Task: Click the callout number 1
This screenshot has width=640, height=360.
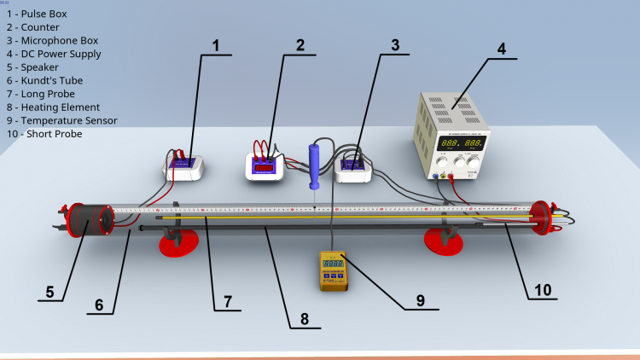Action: [x=216, y=46]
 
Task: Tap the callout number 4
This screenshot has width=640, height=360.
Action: [x=501, y=49]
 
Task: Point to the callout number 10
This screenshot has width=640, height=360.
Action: [x=543, y=290]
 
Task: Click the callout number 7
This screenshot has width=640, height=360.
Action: [x=227, y=300]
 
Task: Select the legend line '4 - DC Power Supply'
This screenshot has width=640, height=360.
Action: [x=52, y=54]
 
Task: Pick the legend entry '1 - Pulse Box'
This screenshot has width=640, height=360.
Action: [x=36, y=15]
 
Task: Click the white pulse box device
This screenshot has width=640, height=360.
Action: [x=183, y=165]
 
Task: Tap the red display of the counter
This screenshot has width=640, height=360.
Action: [x=265, y=167]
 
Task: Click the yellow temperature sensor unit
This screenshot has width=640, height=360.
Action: [x=333, y=270]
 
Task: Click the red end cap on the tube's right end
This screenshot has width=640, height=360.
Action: [x=540, y=218]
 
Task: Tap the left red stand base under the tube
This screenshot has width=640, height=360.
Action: [x=180, y=246]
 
